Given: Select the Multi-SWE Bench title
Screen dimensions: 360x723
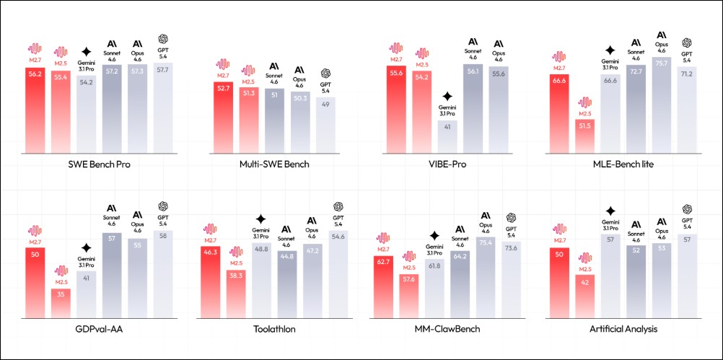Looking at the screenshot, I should point(273,164).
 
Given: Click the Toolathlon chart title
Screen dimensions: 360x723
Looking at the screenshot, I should point(273,329).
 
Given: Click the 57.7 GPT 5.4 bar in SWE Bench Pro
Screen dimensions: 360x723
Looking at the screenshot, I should point(163,108).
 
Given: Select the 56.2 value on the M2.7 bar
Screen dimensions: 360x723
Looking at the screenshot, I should point(35,74).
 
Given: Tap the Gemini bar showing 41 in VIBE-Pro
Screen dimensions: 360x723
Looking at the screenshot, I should point(447,136).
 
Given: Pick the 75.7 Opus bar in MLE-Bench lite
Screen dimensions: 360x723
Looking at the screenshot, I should point(662,105).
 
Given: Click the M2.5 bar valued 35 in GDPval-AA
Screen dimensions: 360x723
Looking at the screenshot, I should point(61,303).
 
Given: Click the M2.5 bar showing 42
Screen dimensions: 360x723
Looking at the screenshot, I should point(584,296).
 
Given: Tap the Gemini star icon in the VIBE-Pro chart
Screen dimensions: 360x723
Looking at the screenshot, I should point(447,95).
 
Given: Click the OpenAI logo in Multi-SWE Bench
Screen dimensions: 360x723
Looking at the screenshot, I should point(325,74).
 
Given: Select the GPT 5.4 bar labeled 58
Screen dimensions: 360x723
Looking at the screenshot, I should point(163,274).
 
